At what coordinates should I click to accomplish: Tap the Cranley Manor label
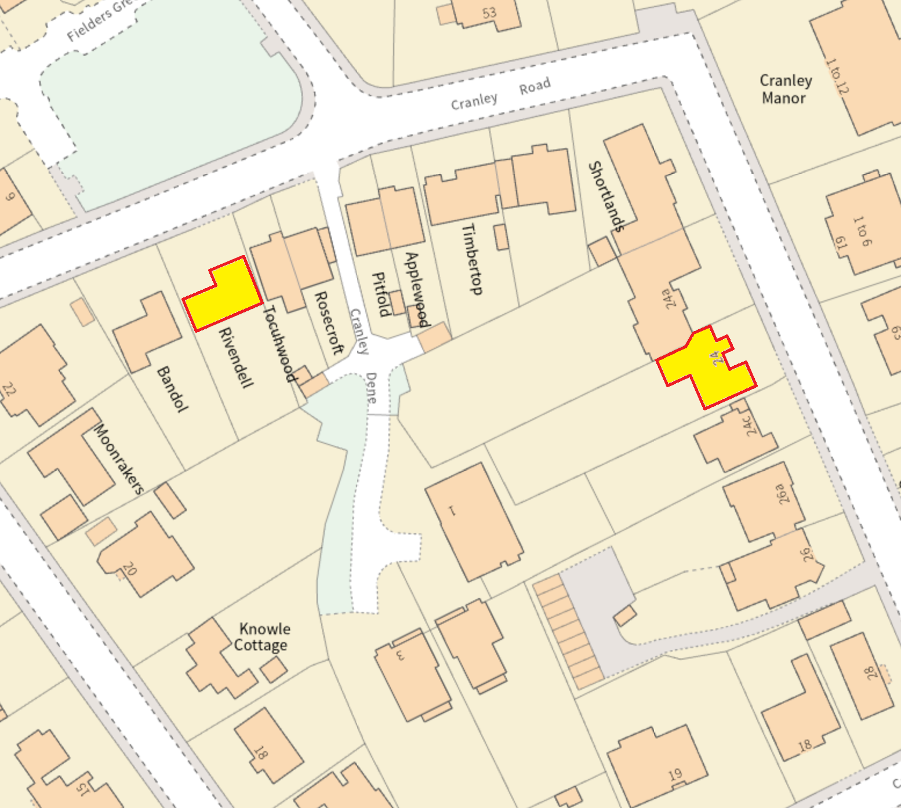[785, 89]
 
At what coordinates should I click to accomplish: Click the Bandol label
[172, 389]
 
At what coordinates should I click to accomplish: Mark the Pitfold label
[380, 294]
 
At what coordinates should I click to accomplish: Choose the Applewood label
[418, 289]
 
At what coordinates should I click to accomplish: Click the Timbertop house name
[472, 259]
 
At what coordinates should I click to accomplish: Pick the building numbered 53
[489, 13]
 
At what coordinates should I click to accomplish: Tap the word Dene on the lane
[371, 388]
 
